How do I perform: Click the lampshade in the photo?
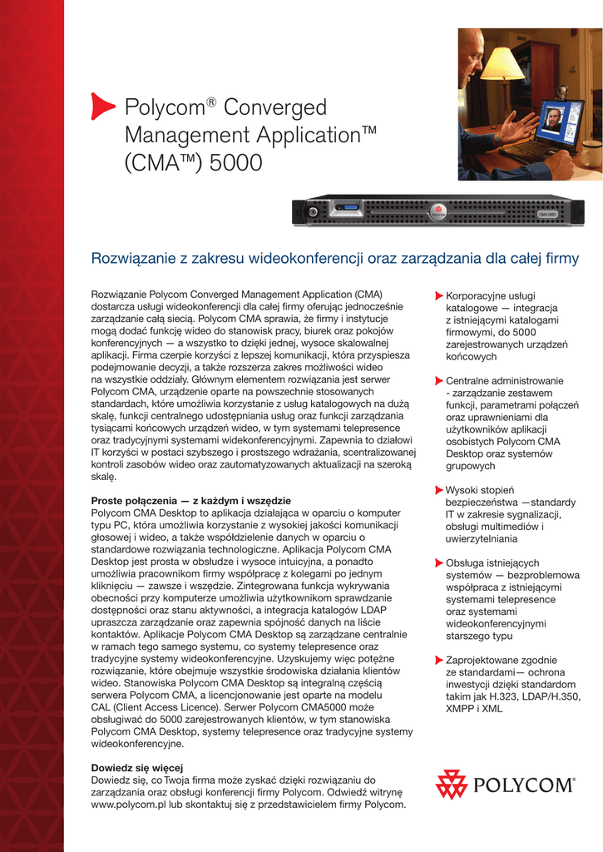(502, 64)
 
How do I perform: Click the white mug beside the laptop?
(592, 153)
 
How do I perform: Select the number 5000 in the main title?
(236, 162)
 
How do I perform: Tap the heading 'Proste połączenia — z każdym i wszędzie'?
(190, 501)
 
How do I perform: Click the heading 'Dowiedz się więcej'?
(136, 767)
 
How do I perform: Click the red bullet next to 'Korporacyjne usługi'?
(439, 295)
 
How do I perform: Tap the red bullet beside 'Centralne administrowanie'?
(439, 381)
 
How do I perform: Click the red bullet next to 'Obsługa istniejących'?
(439, 563)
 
